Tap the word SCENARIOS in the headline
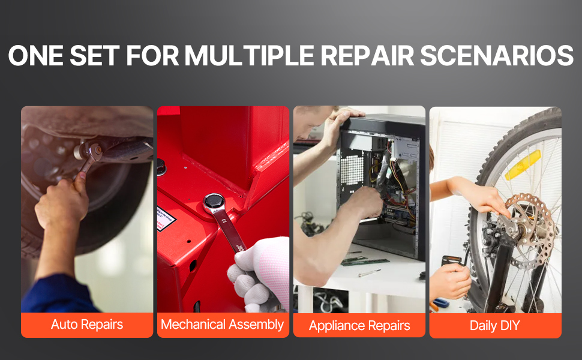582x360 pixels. tap(496, 56)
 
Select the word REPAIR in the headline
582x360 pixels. tap(367, 56)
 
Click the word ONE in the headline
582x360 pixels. tap(35, 56)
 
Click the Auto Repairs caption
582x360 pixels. tap(87, 325)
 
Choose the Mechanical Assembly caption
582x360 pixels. tap(223, 325)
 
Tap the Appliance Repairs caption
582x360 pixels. tap(359, 325)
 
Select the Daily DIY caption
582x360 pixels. tap(495, 325)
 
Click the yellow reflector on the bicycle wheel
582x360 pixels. tap(523, 164)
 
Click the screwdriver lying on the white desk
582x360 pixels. tap(370, 273)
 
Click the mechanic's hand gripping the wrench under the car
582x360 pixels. tap(62, 202)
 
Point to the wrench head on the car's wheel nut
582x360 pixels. tap(92, 151)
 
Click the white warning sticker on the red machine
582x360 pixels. tap(166, 218)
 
